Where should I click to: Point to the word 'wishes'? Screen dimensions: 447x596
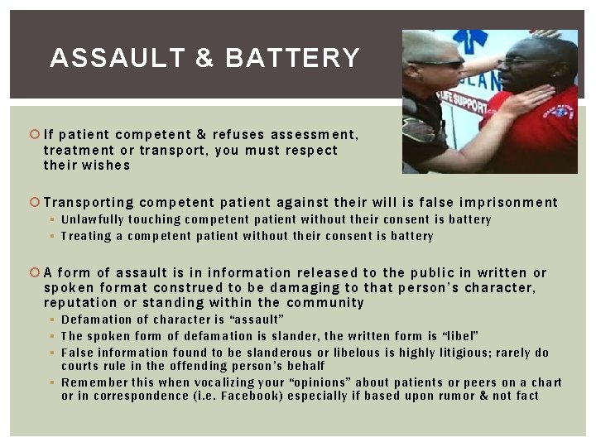click(106, 165)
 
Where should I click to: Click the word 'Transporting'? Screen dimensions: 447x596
click(89, 202)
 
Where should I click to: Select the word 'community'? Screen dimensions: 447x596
click(325, 302)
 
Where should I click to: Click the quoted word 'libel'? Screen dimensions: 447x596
click(460, 336)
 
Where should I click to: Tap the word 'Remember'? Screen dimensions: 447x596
click(94, 382)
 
